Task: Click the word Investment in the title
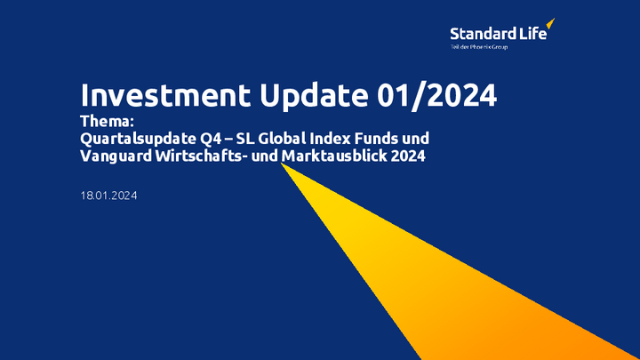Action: point(165,95)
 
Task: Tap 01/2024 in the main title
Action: point(436,96)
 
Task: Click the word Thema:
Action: point(107,121)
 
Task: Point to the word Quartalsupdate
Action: point(138,140)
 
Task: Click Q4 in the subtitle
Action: point(211,139)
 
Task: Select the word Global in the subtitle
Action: point(282,139)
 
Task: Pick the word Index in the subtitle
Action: point(330,139)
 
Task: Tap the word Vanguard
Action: point(116,156)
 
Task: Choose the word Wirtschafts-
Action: point(201,156)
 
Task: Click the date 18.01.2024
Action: point(108,196)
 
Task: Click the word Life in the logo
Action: point(533,34)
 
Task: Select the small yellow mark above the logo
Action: point(550,23)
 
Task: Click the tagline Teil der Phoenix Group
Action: point(479,47)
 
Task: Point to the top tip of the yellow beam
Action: point(281,164)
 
